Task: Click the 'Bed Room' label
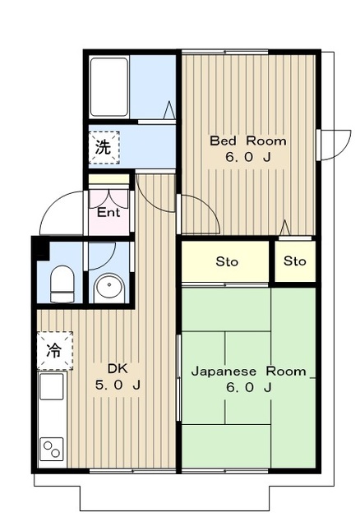pyautogui.click(x=248, y=141)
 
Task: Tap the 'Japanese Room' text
pyautogui.click(x=248, y=371)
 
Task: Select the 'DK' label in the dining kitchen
pyautogui.click(x=118, y=369)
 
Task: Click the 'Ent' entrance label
pyautogui.click(x=108, y=212)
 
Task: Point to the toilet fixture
pyautogui.click(x=62, y=284)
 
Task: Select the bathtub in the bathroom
pyautogui.click(x=109, y=87)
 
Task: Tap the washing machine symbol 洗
pyautogui.click(x=104, y=147)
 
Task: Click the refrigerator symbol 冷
pyautogui.click(x=54, y=351)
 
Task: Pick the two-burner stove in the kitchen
pyautogui.click(x=52, y=450)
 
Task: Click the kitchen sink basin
pyautogui.click(x=51, y=386)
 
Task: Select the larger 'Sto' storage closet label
pyautogui.click(x=227, y=261)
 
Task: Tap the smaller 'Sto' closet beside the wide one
pyautogui.click(x=294, y=261)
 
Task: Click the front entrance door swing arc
pyautogui.click(x=53, y=201)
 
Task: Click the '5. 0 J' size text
pyautogui.click(x=118, y=385)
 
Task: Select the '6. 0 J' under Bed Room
pyautogui.click(x=248, y=157)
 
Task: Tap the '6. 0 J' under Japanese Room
pyautogui.click(x=248, y=387)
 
